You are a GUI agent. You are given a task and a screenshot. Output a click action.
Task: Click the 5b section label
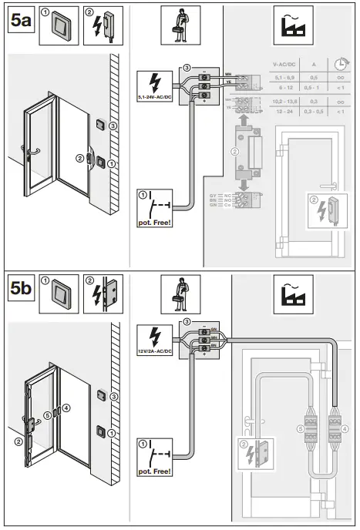pos(21,293)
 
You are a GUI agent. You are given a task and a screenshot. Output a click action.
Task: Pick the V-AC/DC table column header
pos(285,66)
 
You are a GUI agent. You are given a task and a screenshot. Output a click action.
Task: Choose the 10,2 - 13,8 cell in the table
pos(285,100)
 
